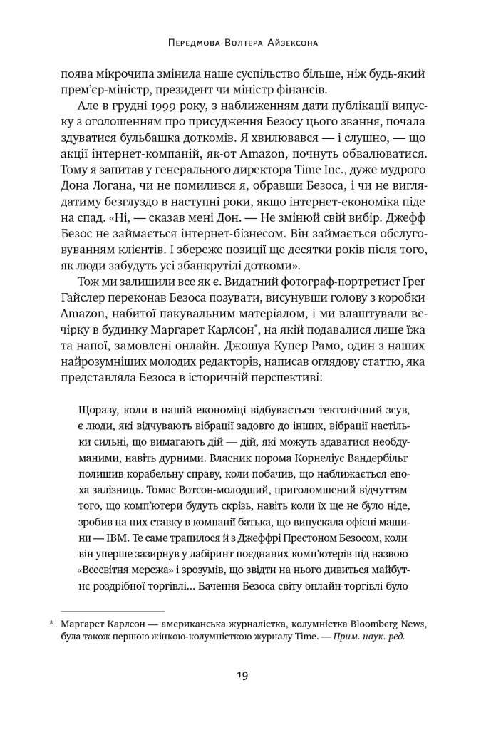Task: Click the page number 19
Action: (x=243, y=676)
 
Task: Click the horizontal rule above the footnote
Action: (x=112, y=611)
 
